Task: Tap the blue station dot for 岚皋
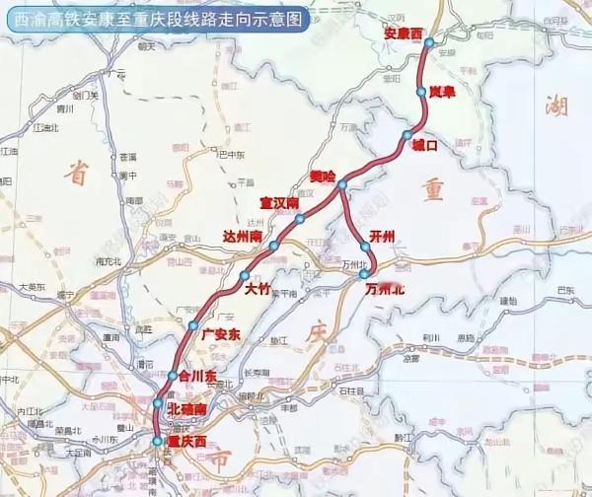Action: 421,92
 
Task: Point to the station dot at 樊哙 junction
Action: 341,184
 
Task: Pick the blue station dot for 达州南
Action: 273,245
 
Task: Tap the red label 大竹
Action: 259,289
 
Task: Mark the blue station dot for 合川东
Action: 173,376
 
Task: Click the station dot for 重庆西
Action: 157,441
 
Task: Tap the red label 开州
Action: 380,237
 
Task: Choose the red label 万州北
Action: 384,290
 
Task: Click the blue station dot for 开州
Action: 365,247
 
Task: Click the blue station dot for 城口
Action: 407,135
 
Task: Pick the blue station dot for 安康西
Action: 428,42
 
